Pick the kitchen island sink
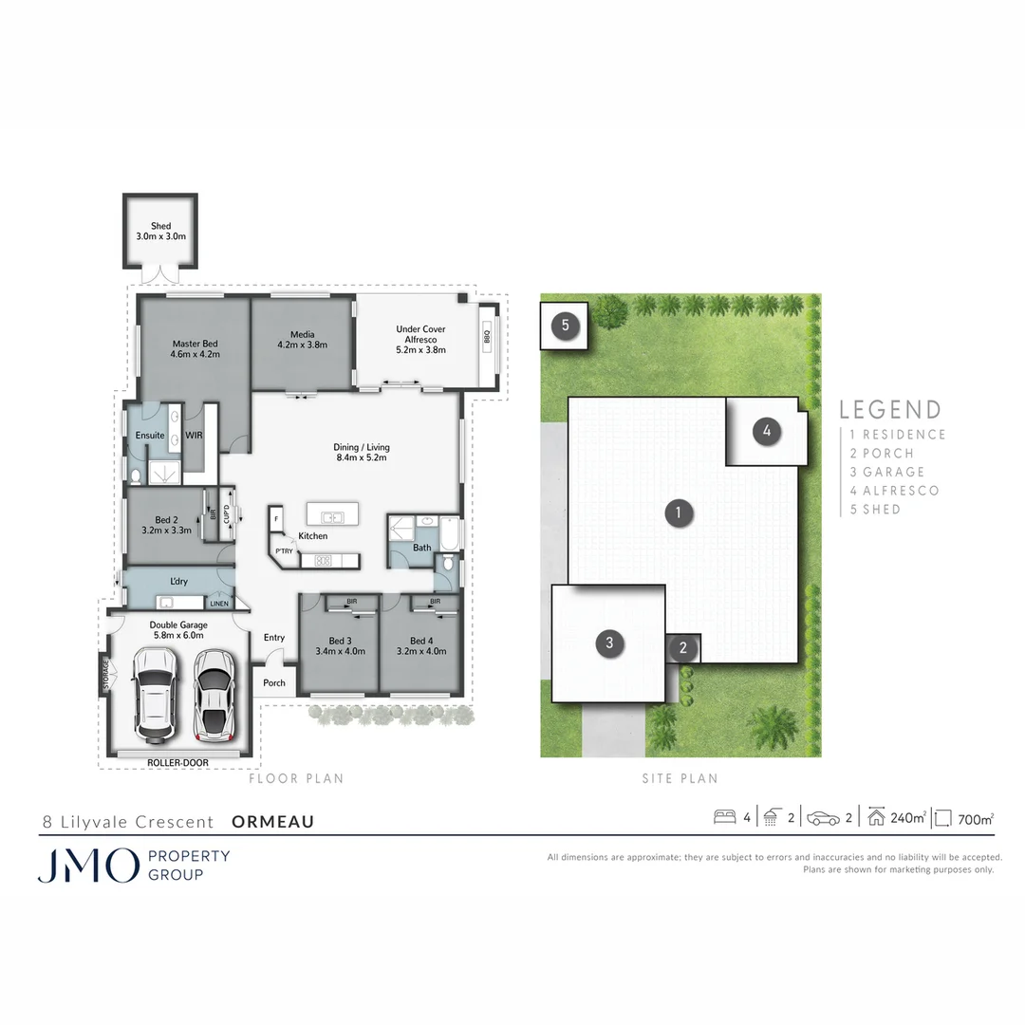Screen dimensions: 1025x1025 pos(332,517)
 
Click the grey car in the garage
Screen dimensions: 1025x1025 pos(214,693)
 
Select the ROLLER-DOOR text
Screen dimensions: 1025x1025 pos(177,762)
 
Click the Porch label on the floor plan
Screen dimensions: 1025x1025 pos(274,682)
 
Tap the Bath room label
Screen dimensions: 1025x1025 pos(422,548)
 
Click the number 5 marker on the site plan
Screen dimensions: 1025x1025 pos(566,326)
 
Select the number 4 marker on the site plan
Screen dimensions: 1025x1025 pos(766,432)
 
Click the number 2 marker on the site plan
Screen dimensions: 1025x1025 pos(683,648)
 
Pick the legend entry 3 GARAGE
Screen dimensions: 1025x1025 pos(887,472)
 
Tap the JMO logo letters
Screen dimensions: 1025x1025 pos(87,866)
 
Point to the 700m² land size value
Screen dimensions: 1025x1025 pos(976,818)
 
